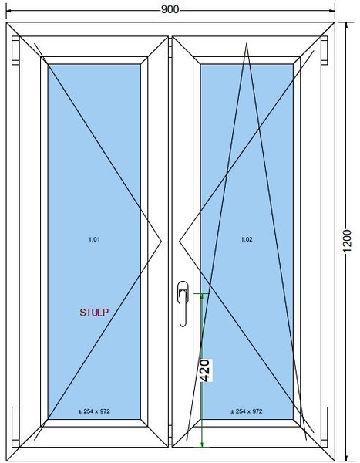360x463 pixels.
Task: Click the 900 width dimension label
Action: (x=170, y=9)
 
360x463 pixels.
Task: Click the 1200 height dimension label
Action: (x=348, y=240)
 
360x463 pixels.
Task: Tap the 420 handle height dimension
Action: (x=205, y=370)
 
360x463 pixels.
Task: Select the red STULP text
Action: (x=94, y=313)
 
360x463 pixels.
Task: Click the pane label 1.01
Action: (x=94, y=239)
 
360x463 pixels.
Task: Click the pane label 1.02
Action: (x=247, y=239)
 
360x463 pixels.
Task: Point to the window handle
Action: (x=183, y=303)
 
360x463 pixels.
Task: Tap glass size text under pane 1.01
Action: (x=94, y=411)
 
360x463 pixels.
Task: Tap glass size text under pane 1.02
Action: (x=247, y=411)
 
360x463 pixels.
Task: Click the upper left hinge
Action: (x=15, y=50)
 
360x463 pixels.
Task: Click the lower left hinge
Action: (x=15, y=427)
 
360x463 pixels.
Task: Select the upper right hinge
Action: (x=325, y=50)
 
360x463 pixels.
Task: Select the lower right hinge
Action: (x=325, y=427)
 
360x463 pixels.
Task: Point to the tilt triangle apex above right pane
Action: (x=247, y=43)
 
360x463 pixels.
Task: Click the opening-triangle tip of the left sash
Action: (x=162, y=242)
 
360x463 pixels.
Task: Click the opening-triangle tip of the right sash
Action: (x=179, y=242)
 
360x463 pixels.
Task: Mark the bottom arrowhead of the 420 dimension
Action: (x=202, y=444)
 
